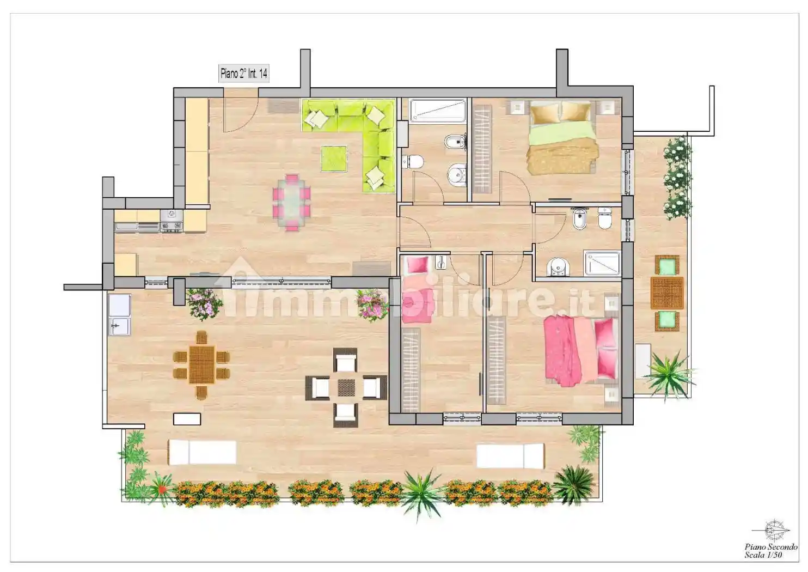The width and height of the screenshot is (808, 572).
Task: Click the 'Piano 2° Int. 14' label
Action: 244,74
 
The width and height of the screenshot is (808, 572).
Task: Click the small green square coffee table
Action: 334,158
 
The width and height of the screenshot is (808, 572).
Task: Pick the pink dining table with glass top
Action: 291,203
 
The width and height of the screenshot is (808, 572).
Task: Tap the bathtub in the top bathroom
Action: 438,109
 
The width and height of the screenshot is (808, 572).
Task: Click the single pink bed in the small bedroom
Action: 418,289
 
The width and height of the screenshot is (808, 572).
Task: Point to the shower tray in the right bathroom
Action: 602,264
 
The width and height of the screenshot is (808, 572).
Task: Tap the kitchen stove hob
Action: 172,221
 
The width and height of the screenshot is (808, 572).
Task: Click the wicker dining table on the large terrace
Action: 201,365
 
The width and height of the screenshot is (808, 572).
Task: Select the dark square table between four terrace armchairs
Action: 346,387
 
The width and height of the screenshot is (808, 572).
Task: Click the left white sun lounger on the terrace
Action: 203,452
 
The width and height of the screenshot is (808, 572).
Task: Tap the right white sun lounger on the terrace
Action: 510,456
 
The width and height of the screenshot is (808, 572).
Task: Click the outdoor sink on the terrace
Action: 119,315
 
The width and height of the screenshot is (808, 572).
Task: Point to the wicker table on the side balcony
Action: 667,293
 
